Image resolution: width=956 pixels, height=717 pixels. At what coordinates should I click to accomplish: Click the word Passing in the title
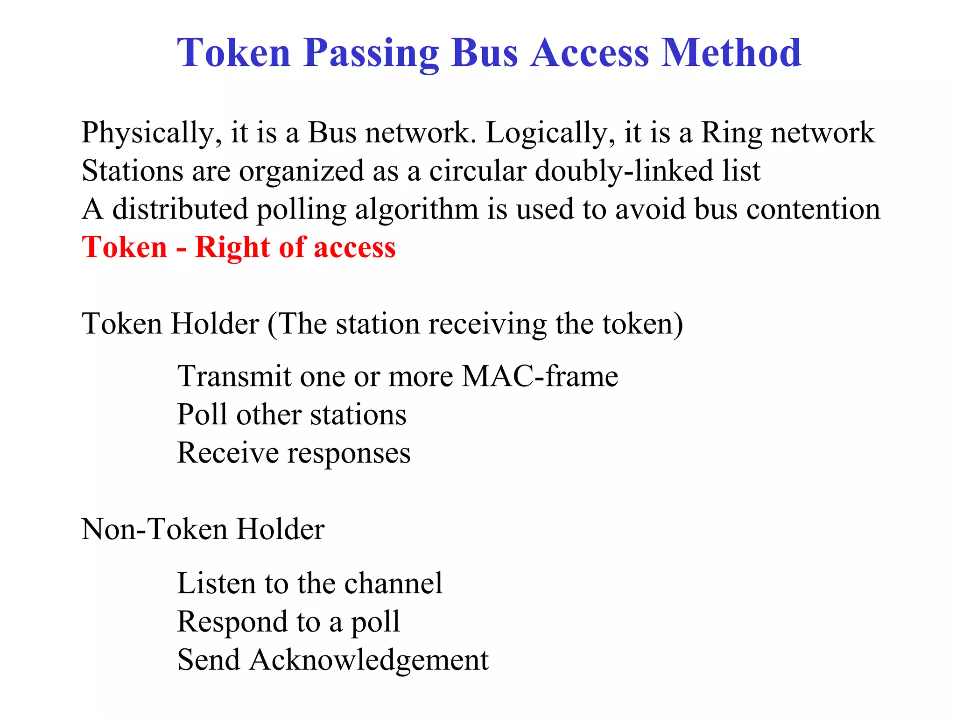pyautogui.click(x=371, y=54)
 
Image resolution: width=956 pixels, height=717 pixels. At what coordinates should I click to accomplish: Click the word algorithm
pyautogui.click(x=417, y=210)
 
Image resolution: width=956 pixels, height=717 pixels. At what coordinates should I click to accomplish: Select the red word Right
pyautogui.click(x=232, y=247)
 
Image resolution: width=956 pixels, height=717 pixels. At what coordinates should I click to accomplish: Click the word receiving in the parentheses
pyautogui.click(x=487, y=324)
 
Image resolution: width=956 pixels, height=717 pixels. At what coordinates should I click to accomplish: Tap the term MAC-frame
pyautogui.click(x=540, y=376)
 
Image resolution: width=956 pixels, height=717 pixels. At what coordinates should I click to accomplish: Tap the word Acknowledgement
pyautogui.click(x=369, y=660)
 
